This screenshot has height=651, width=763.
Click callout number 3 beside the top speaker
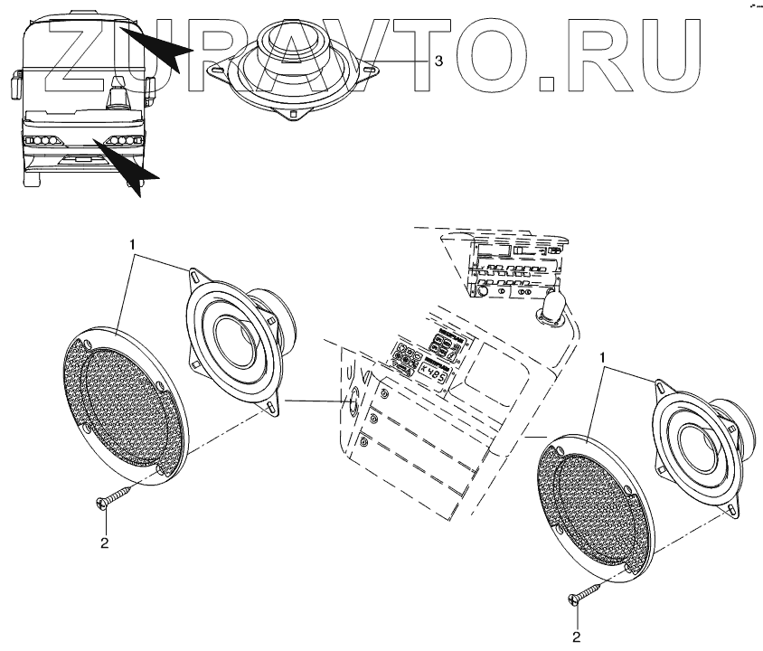pyautogui.click(x=438, y=61)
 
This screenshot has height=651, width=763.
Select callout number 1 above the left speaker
pyautogui.click(x=133, y=244)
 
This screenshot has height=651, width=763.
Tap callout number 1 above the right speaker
pyautogui.click(x=601, y=359)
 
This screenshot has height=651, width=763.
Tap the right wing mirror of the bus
pyautogui.click(x=149, y=88)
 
